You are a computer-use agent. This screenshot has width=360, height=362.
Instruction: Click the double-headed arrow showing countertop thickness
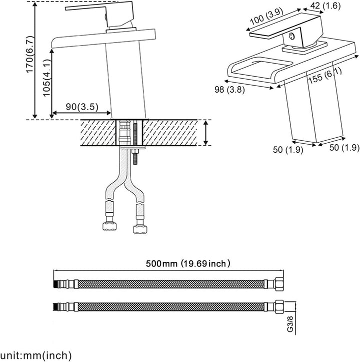pyautogui.click(x=206, y=132)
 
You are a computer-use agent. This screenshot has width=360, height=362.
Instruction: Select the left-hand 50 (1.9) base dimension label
pyautogui.click(x=288, y=149)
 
